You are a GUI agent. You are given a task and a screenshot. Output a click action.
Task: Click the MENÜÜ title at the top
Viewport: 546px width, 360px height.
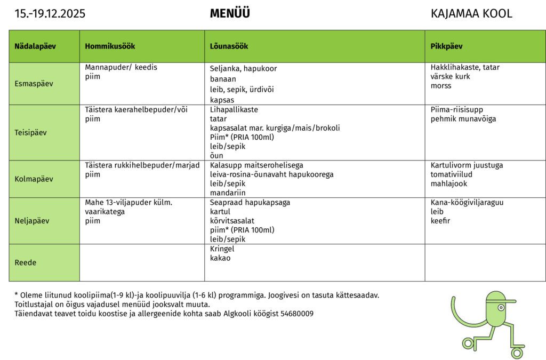point(230,14)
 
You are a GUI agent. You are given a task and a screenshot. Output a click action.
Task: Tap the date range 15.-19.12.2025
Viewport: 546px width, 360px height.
point(50,14)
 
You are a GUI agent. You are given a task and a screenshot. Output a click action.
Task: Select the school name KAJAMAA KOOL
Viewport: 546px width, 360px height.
point(471,14)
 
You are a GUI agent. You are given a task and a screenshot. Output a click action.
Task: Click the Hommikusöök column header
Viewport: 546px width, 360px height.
point(110,46)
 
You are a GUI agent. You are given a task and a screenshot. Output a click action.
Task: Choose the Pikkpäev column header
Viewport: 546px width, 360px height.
point(446,46)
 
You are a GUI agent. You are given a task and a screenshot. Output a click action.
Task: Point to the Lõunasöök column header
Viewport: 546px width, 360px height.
point(229,46)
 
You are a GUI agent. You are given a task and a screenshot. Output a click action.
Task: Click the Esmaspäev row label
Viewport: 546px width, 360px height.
point(34,84)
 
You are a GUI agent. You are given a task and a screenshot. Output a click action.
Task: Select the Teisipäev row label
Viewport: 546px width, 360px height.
point(30,132)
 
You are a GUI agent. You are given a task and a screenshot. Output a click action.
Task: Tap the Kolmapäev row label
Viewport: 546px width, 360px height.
point(34,179)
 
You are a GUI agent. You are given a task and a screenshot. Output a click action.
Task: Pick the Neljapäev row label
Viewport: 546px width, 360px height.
point(32,220)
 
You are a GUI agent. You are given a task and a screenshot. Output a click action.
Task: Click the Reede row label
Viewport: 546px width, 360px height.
point(25,262)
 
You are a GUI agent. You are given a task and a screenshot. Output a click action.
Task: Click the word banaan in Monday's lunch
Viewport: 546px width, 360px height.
point(223,79)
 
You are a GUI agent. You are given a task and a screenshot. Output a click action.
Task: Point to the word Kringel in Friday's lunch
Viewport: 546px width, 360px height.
point(222,249)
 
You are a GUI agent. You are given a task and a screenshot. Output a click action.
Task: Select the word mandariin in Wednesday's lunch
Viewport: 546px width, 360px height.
point(228,193)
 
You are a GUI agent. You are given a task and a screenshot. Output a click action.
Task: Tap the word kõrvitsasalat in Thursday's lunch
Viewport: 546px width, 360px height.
point(232,220)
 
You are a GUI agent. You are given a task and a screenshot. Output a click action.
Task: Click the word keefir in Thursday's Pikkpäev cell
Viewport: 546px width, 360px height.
point(440,220)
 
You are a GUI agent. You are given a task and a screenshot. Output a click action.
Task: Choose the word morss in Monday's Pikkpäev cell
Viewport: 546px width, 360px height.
point(441,86)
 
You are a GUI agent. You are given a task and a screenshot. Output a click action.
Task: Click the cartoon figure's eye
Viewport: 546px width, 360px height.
point(501,308)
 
